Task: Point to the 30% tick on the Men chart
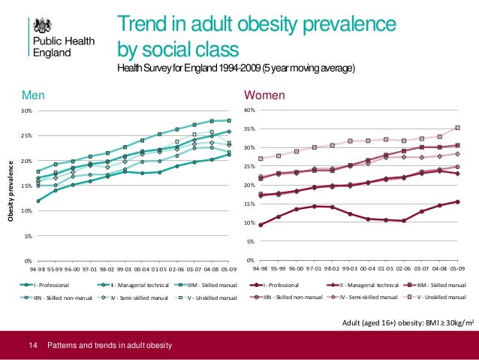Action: coord(26,111)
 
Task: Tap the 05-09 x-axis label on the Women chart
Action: coord(457,268)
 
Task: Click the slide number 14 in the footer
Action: coord(32,346)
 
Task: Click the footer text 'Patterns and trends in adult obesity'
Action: coord(110,346)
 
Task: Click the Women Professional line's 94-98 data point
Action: coord(260,225)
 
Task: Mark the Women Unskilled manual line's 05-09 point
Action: coord(457,128)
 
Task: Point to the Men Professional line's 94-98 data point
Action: coord(38,201)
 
